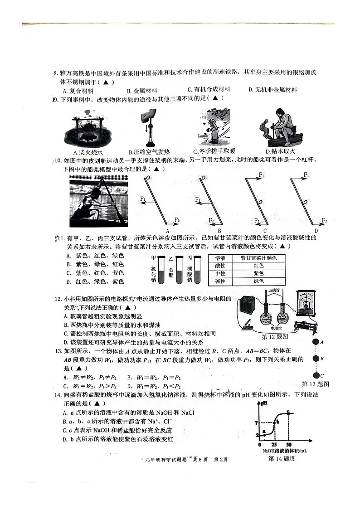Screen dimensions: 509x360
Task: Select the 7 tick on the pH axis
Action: [x=256, y=422]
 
